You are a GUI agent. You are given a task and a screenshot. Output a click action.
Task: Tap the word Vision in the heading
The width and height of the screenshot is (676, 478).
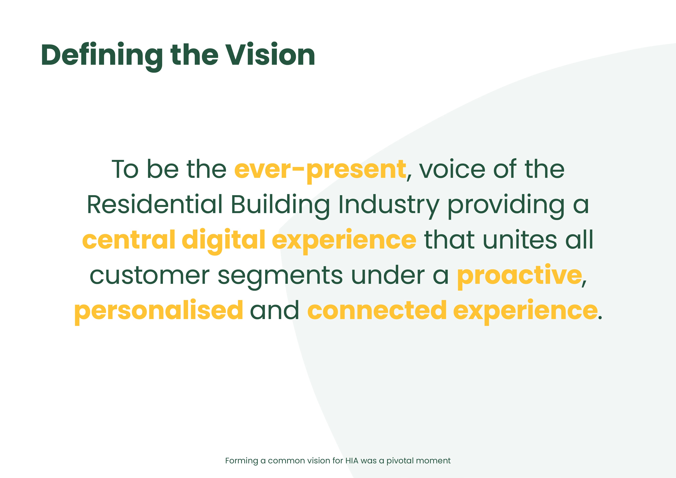point(270,55)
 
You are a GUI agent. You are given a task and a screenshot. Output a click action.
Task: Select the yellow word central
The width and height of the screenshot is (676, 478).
point(129,239)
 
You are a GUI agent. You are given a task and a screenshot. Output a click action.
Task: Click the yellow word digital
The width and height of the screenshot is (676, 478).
point(223,241)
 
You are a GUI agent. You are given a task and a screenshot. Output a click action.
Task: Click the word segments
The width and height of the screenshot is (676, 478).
point(280,277)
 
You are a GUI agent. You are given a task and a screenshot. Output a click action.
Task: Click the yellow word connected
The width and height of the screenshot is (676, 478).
point(377,310)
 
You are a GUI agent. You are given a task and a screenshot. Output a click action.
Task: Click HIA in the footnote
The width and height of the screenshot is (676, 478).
point(352,461)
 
